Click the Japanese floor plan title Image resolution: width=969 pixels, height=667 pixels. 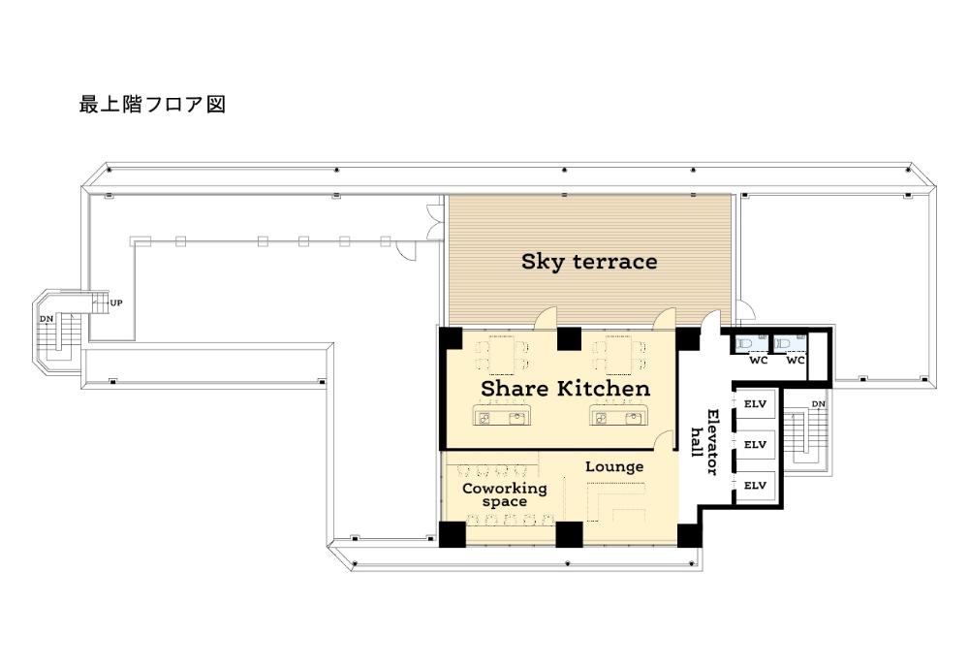coord(152,105)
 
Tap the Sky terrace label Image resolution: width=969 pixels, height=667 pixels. coord(589,262)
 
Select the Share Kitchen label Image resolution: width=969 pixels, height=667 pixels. coord(566,388)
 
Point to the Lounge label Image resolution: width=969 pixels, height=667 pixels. coord(614,466)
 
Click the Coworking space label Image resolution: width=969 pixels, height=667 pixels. coord(505,494)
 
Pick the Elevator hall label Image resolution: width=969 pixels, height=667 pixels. coord(705,442)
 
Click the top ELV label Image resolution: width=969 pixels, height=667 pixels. coord(755,403)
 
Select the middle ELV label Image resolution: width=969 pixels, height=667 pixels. coord(755,444)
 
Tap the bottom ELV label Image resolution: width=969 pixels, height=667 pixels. coord(755,486)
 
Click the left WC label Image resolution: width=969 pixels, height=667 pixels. coord(759,360)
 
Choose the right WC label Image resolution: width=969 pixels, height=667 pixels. coord(796,360)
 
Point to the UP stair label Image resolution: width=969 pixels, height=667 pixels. coord(116,302)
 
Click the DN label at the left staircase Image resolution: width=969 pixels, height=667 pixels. coord(47,319)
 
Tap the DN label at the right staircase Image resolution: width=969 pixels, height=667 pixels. coord(818,404)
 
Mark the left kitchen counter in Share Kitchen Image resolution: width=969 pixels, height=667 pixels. coord(502,414)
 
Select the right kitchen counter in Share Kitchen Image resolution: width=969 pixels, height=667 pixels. coord(618,414)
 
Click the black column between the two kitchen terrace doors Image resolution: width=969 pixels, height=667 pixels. coord(569,338)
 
